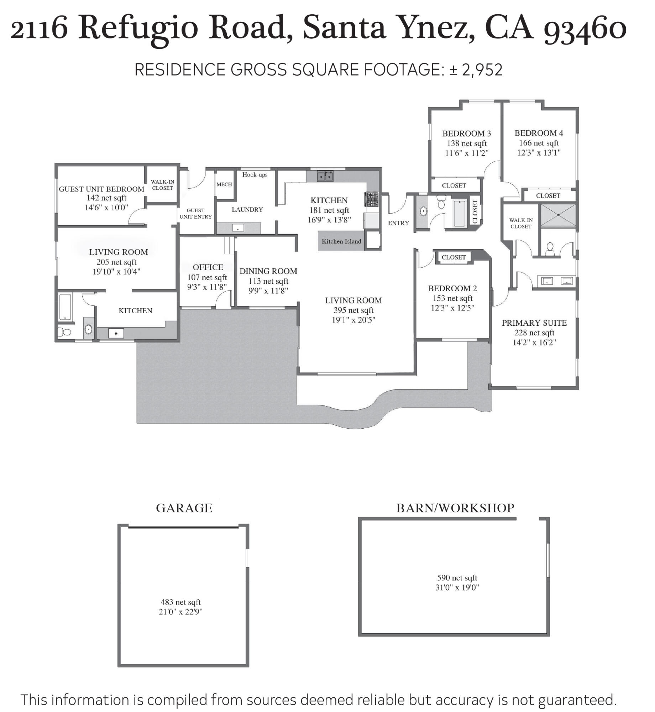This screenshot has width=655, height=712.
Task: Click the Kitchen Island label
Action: pyautogui.click(x=341, y=241)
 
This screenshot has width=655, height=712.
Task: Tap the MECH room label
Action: pyautogui.click(x=224, y=184)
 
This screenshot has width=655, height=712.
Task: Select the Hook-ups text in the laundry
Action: pyautogui.click(x=255, y=174)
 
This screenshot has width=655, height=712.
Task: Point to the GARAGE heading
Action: pyautogui.click(x=184, y=508)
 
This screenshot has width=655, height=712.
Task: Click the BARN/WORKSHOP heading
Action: pyautogui.click(x=455, y=508)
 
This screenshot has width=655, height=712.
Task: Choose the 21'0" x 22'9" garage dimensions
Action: pyautogui.click(x=180, y=612)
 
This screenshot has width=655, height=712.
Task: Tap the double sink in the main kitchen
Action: pyautogui.click(x=325, y=176)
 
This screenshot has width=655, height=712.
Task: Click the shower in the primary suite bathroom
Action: pyautogui.click(x=558, y=215)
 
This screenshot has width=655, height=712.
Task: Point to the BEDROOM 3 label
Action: pyautogui.click(x=466, y=133)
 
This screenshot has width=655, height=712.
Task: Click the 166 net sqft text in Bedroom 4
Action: pyautogui.click(x=539, y=143)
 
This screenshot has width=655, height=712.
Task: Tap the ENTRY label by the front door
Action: pyautogui.click(x=398, y=223)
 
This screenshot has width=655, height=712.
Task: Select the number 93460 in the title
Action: pyautogui.click(x=585, y=28)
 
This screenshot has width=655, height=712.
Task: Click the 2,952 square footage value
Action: pyautogui.click(x=482, y=70)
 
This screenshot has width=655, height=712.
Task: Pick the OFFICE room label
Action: pyautogui.click(x=208, y=267)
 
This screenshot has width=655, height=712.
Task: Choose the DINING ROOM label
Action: pyautogui.click(x=268, y=271)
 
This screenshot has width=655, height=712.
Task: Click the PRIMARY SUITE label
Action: pyautogui.click(x=534, y=323)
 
